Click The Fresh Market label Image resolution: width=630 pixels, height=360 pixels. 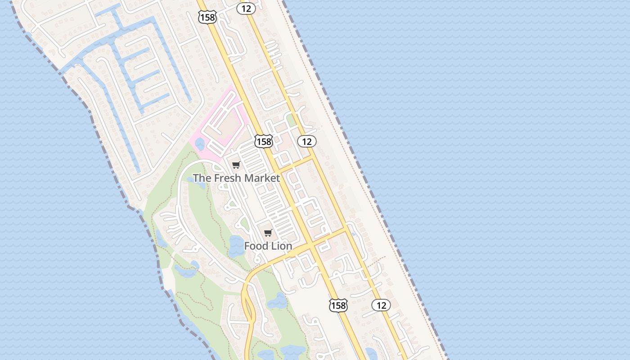[x=236, y=178]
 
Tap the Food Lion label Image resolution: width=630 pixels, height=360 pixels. [x=268, y=246]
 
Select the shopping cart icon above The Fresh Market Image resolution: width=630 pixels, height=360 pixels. [x=236, y=165]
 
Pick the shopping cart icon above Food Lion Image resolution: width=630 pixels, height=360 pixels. [x=268, y=233]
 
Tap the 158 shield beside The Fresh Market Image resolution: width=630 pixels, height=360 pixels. [x=263, y=141]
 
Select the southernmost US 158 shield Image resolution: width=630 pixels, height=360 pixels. [x=338, y=305]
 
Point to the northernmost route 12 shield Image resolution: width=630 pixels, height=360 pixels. [x=246, y=8]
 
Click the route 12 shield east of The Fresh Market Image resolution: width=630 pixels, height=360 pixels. [x=307, y=141]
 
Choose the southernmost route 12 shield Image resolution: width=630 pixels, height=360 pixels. [x=381, y=305]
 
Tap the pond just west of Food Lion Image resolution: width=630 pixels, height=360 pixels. [x=235, y=246]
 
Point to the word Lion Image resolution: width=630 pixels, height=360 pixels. [x=282, y=246]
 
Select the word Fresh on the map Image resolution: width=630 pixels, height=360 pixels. [x=228, y=178]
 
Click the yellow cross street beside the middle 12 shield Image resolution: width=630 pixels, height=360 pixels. [x=295, y=165]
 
